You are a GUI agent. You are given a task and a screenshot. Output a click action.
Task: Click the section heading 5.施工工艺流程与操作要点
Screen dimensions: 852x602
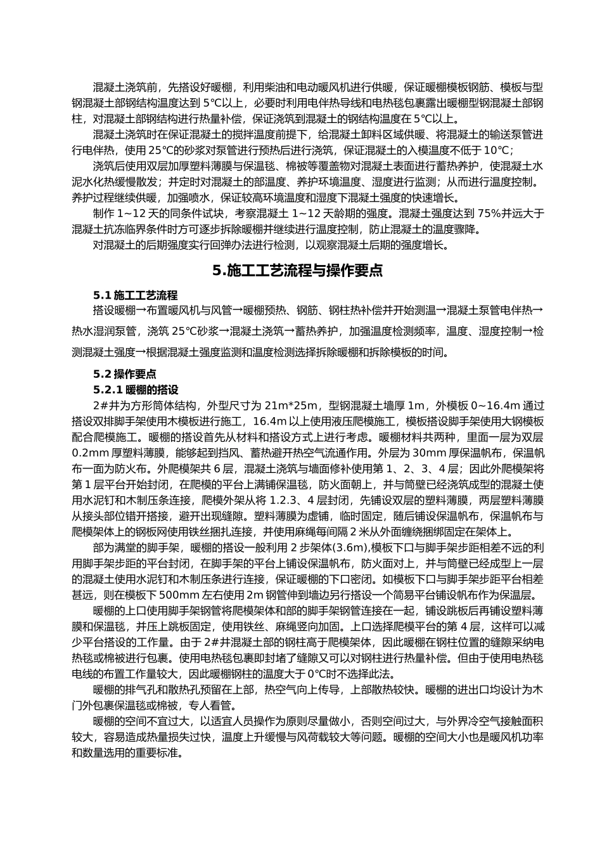click(298, 271)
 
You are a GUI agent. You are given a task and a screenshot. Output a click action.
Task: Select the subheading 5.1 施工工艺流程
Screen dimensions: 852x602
click(135, 295)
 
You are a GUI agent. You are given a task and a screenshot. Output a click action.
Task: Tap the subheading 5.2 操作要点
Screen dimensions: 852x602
click(125, 374)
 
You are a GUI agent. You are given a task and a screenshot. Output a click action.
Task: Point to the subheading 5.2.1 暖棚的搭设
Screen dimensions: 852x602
click(136, 389)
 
